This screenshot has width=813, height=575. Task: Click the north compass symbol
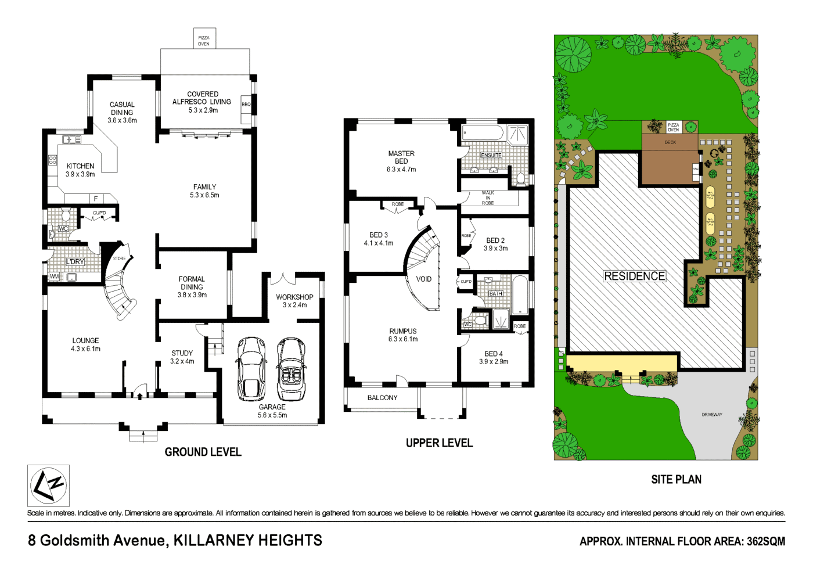(x=48, y=486)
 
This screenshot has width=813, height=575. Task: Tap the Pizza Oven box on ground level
(x=204, y=39)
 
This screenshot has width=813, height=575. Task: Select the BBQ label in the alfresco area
(x=246, y=105)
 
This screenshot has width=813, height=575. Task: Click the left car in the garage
(x=252, y=369)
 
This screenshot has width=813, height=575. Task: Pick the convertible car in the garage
(x=291, y=369)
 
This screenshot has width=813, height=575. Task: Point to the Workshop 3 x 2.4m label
(x=294, y=301)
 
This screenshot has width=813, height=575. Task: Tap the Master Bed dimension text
(x=401, y=170)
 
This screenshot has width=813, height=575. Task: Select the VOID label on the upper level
(x=424, y=279)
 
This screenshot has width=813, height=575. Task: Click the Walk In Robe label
(x=488, y=198)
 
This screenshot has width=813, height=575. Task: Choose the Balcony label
(x=382, y=398)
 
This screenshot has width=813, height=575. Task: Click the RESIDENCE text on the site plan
(x=635, y=276)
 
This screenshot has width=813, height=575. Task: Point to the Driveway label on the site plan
(x=712, y=415)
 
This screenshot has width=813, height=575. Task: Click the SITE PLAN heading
(x=676, y=480)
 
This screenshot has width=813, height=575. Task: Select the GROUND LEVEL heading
(x=203, y=452)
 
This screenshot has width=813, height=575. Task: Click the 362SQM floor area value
(x=765, y=541)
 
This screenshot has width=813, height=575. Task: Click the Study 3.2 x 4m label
(x=182, y=357)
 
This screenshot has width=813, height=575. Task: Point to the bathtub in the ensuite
(x=483, y=133)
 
